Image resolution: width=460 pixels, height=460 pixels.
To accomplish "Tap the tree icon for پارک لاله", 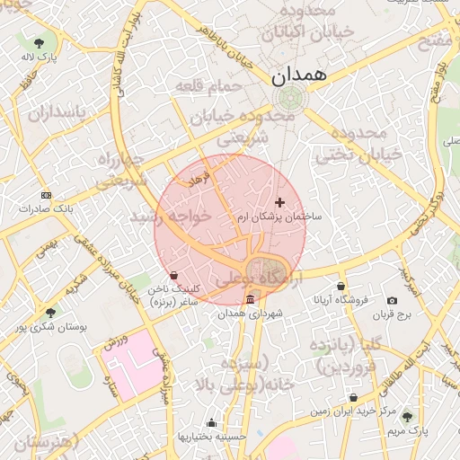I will pos(40,42).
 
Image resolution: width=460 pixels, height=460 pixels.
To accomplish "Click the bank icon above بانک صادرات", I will pos(47,195).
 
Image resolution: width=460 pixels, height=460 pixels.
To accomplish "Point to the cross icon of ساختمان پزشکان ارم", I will pos(280,203).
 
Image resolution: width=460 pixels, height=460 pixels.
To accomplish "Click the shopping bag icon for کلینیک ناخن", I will pos(173,275).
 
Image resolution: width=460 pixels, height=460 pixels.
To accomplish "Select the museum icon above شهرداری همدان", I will pos(249,299).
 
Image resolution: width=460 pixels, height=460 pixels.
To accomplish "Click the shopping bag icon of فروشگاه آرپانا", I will pos(341,287).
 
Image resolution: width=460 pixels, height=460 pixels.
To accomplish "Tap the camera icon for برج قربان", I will pos(392,301).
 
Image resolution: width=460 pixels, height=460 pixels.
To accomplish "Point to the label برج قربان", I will pos(392,314).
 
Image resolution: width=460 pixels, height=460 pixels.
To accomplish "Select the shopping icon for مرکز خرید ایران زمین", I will pos(353,397).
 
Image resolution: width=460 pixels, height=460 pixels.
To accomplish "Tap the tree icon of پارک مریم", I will pos(408,416).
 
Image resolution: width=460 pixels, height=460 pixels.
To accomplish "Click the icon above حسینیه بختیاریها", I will pos(211,423).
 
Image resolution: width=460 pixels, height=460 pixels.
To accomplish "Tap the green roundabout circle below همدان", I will pos(289,98).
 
